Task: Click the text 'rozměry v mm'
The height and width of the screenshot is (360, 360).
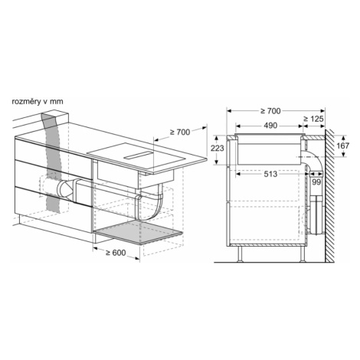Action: pos(38,102)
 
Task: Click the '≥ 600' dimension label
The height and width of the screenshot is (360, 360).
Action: pos(116,253)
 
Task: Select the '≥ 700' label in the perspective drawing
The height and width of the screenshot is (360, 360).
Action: pos(180,132)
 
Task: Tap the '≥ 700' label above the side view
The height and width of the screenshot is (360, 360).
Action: pos(270,111)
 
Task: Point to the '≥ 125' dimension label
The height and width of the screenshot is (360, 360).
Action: pos(313,119)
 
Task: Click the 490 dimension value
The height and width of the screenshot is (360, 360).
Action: pos(270,126)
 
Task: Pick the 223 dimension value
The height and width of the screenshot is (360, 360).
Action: pos(217,148)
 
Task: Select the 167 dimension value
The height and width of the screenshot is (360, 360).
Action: pos(342,146)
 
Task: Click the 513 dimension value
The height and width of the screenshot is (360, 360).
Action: pos(270,174)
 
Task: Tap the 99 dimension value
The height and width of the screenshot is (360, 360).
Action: pos(316,182)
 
